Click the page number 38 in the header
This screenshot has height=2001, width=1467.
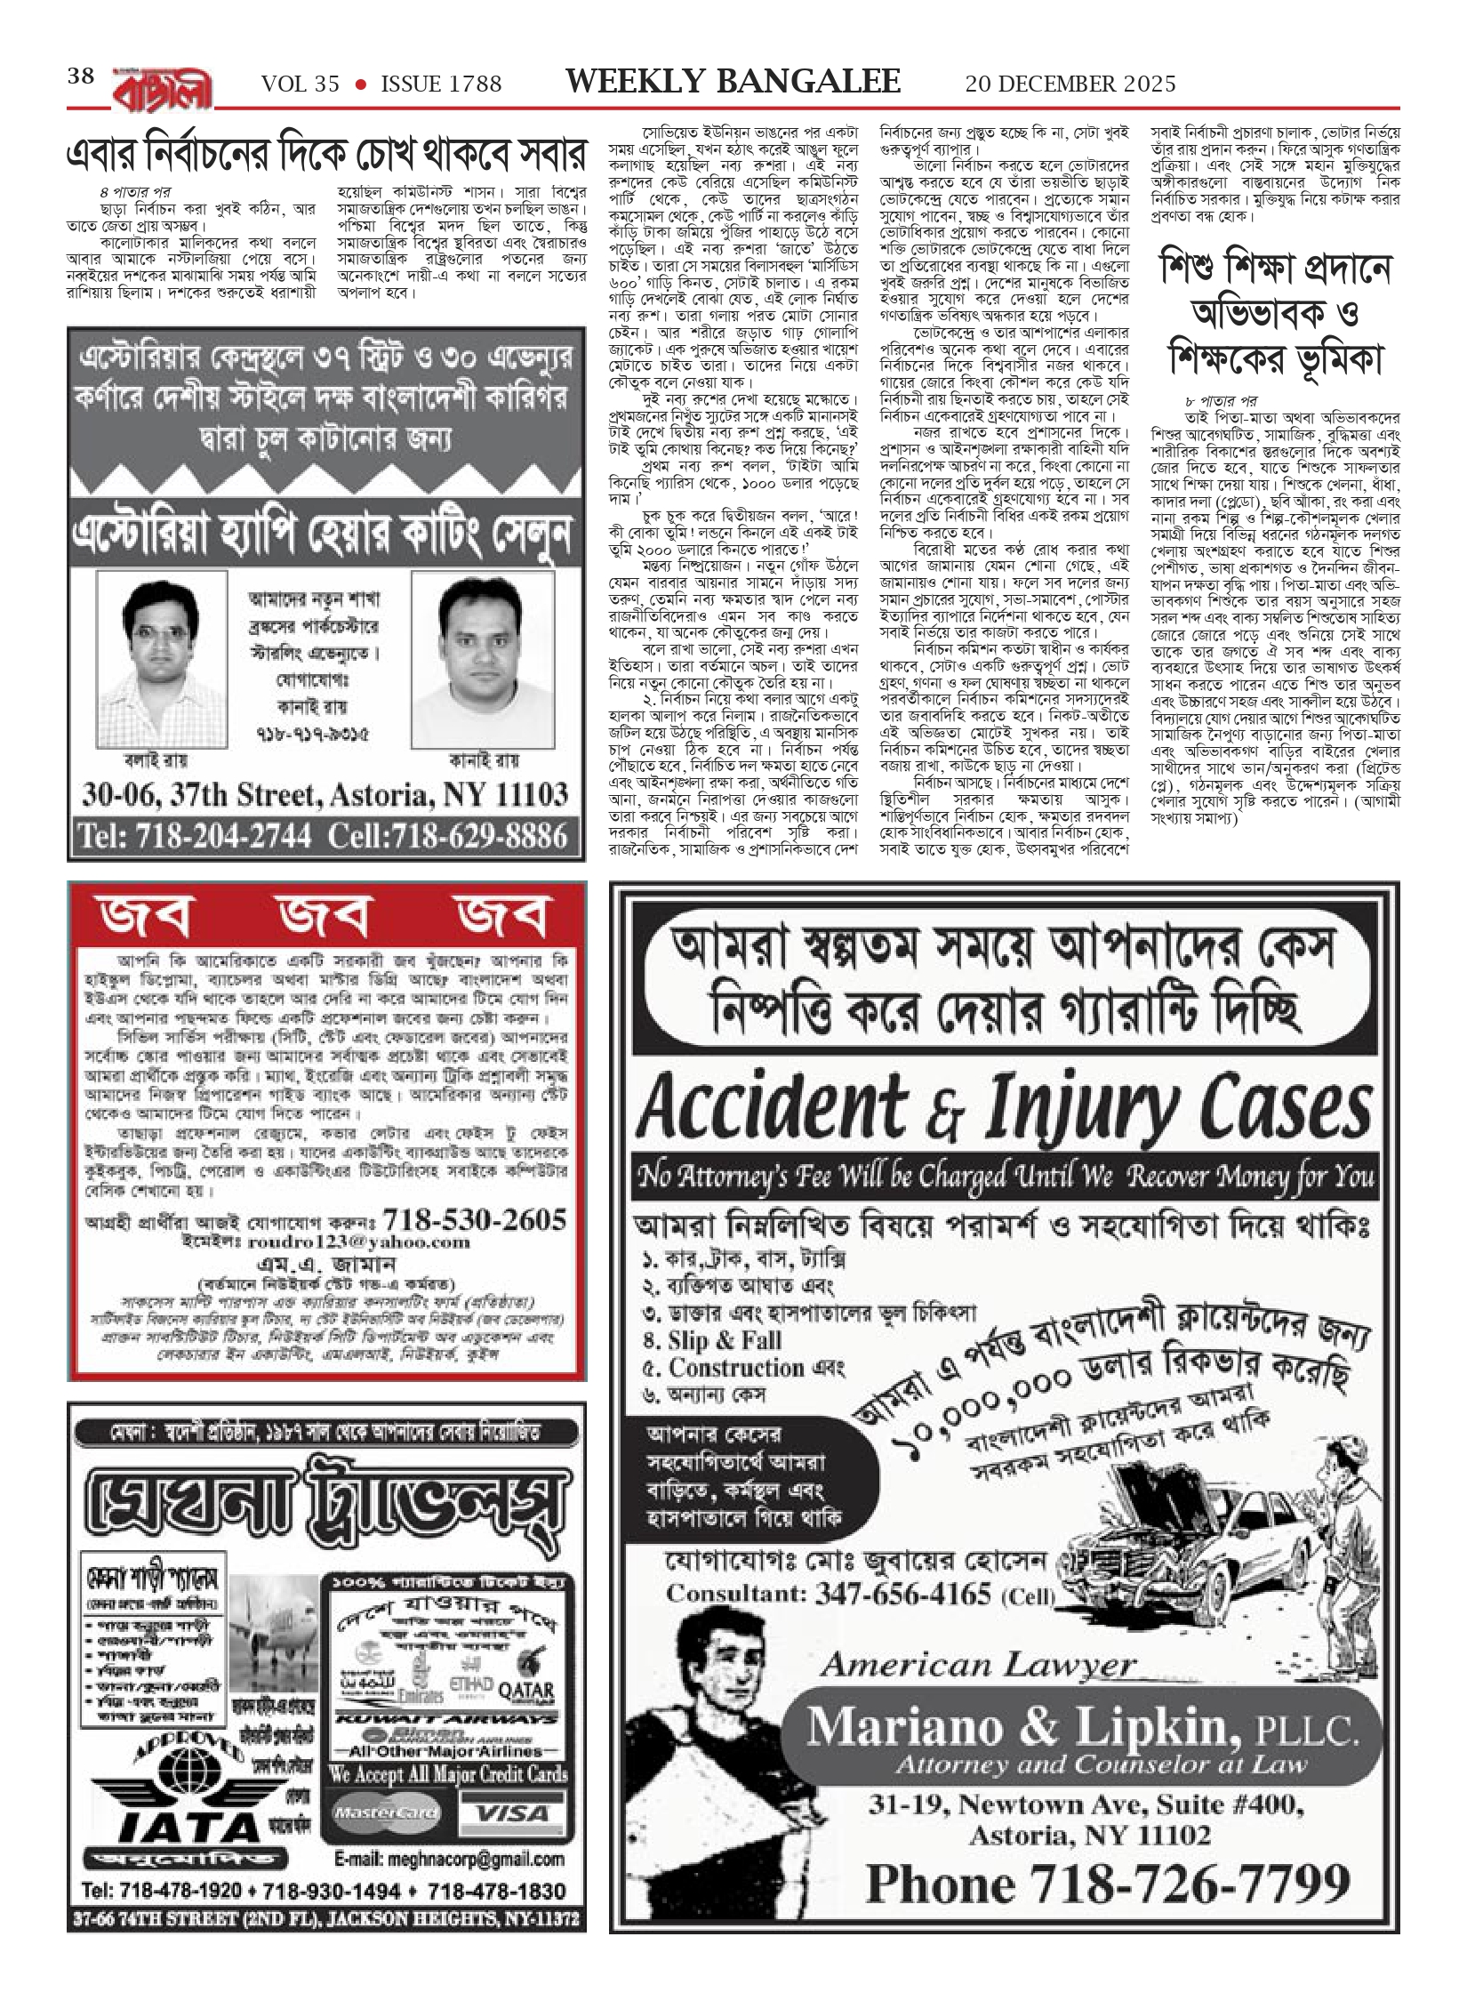point(81,77)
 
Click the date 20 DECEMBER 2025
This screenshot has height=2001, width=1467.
point(1070,84)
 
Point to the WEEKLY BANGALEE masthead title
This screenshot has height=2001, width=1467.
point(733,83)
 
